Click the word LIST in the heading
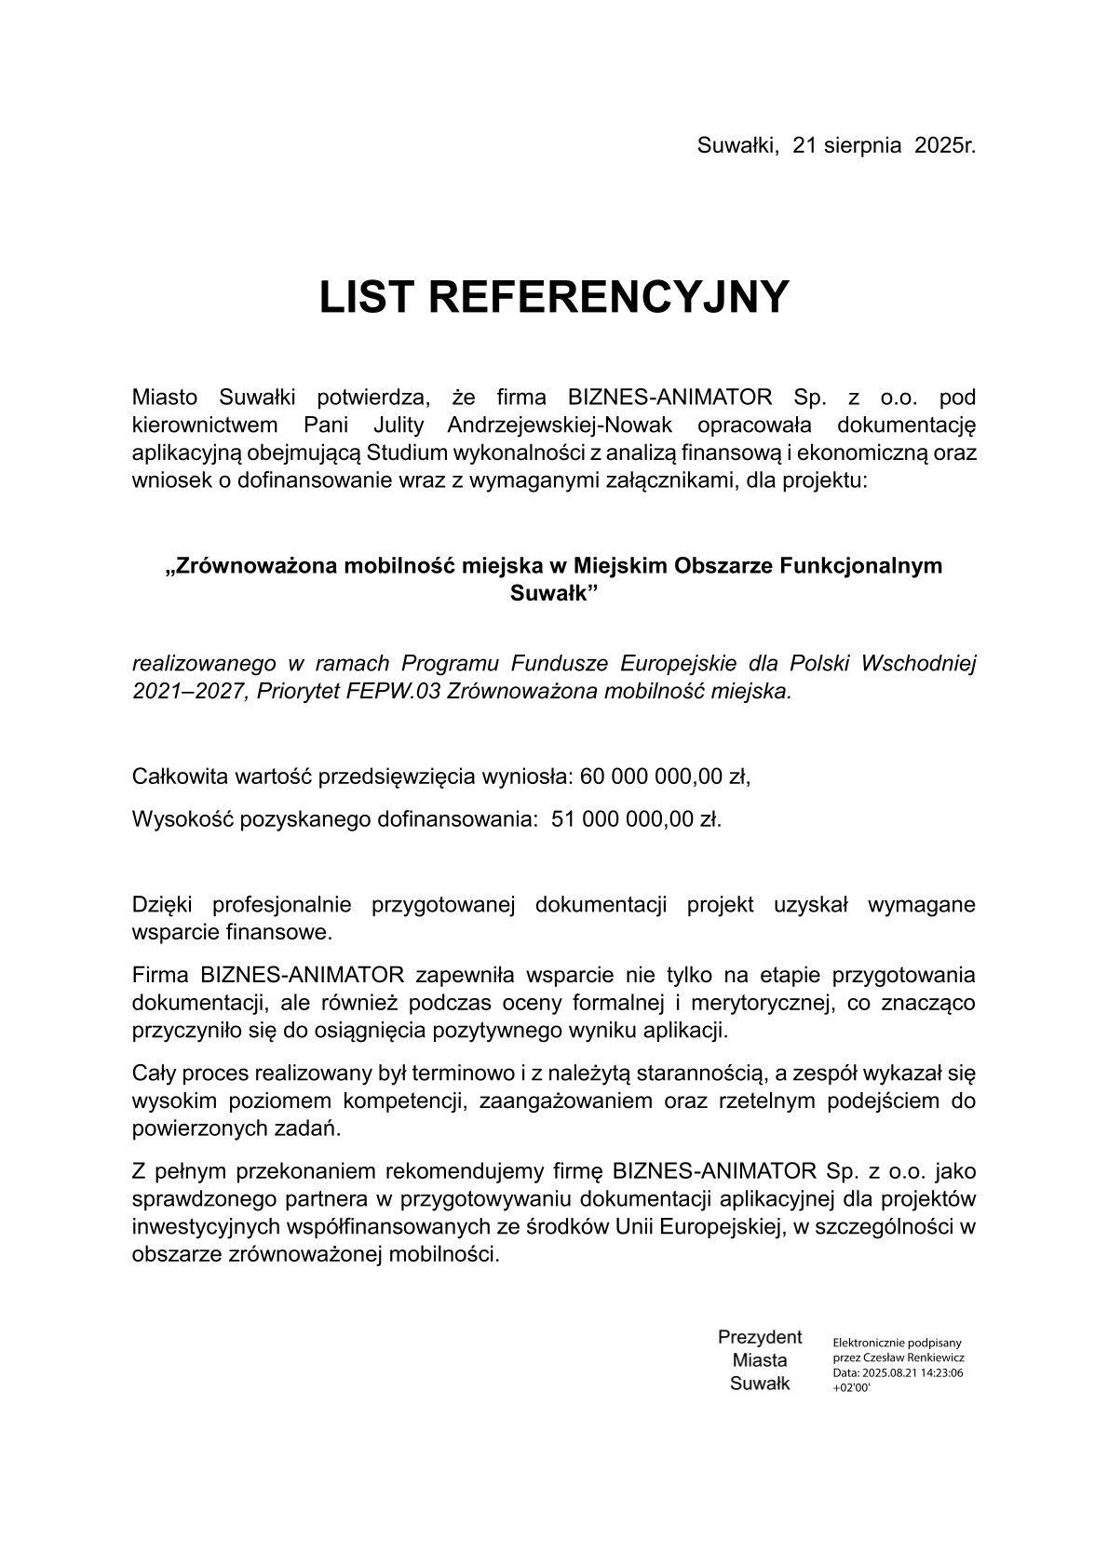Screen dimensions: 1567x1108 tap(366, 297)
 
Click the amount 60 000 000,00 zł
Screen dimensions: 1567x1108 tap(665, 777)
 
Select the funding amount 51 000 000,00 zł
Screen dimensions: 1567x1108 tap(636, 819)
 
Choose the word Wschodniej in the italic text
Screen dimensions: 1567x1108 tap(919, 664)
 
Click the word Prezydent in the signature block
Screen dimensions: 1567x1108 tap(760, 1337)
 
